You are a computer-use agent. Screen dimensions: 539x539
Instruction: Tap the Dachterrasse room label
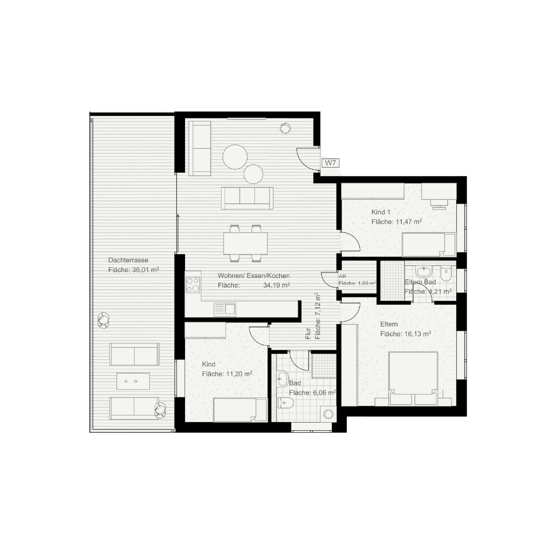coord(128,260)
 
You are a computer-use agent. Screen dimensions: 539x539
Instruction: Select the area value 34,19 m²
coord(276,285)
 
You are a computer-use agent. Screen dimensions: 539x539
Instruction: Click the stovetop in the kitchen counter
coord(193,285)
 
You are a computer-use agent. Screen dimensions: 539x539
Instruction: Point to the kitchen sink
coord(225,309)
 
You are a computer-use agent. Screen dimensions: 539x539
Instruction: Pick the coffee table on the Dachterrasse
coord(133,381)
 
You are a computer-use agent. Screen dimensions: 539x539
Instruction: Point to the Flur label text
coord(308,334)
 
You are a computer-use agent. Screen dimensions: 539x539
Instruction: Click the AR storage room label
coord(342,275)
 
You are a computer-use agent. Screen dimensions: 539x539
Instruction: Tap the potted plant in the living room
coord(285,128)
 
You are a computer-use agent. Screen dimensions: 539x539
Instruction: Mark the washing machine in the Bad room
coord(328,413)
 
